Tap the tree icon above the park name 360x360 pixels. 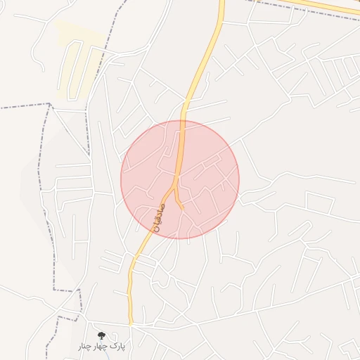click(x=102, y=336)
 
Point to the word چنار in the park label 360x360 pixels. click(x=85, y=346)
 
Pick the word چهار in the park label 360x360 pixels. click(x=102, y=346)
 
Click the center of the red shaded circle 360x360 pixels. click(x=180, y=179)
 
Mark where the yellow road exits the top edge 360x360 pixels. click(x=221, y=2)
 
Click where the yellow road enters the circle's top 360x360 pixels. click(x=182, y=121)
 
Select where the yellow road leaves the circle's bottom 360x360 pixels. click(x=149, y=231)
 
